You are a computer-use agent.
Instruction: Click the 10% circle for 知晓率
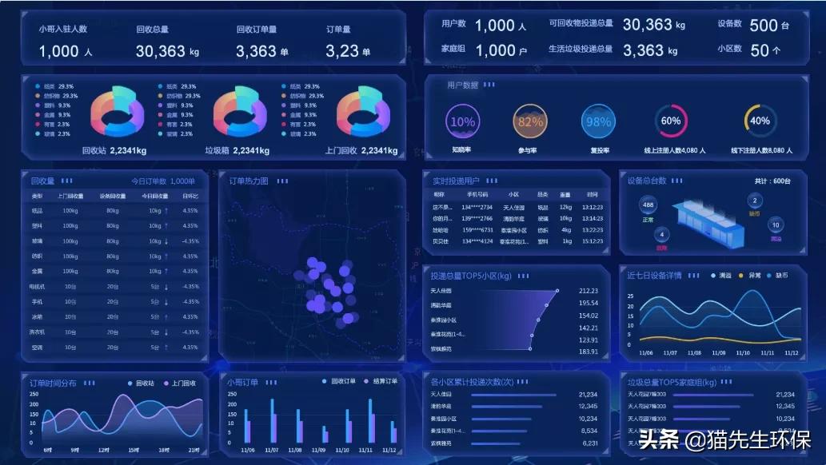(x=462, y=122)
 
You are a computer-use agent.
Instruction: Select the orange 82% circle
(x=530, y=122)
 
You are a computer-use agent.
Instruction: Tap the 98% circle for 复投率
(x=598, y=122)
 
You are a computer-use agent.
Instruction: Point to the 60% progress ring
(x=671, y=121)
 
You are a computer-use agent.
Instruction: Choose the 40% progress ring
(x=760, y=121)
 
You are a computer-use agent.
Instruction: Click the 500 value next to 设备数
(x=764, y=26)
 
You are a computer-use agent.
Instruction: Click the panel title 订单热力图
(x=249, y=181)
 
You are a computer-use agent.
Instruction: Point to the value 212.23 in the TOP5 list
(x=588, y=291)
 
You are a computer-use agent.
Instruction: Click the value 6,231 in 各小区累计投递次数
(x=589, y=443)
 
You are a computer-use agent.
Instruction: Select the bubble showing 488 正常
(x=648, y=206)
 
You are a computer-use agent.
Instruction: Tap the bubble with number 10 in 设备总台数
(x=775, y=225)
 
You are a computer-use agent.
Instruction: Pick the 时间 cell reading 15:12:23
(x=593, y=241)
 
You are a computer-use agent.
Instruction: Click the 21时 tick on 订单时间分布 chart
(x=194, y=450)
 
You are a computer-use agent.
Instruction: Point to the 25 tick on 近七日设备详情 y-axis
(x=630, y=296)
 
